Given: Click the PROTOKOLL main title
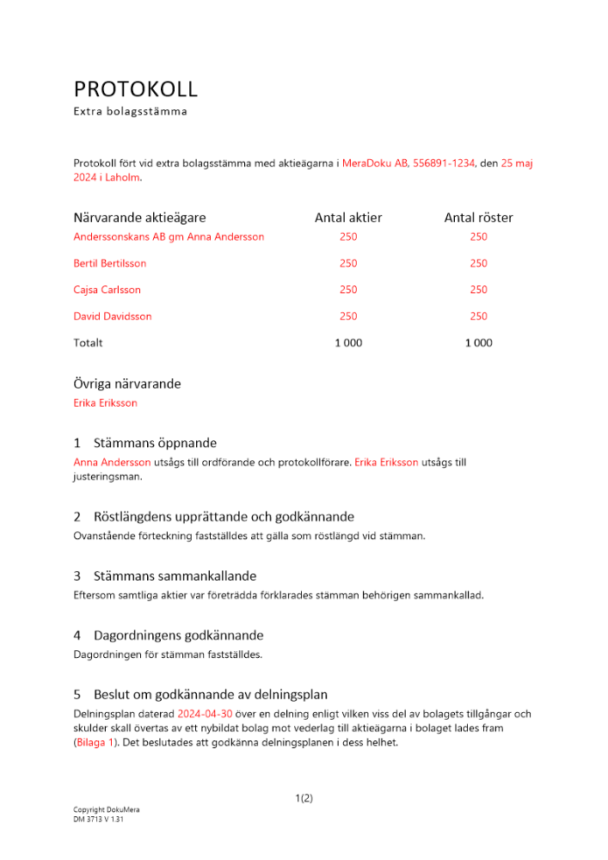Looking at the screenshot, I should click(x=135, y=89).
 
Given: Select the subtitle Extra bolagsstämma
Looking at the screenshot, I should click(x=130, y=111).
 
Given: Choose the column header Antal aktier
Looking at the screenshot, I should click(x=348, y=218).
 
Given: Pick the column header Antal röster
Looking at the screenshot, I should click(x=478, y=218).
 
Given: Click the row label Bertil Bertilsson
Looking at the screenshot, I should click(x=110, y=263).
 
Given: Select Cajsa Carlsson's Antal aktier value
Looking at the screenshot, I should click(x=348, y=290).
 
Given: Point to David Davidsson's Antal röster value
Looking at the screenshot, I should click(x=478, y=316).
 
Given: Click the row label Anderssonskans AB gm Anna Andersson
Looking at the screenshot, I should click(x=169, y=236).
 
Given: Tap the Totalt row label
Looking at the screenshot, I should click(x=88, y=342).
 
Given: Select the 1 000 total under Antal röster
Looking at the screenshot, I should click(x=478, y=342).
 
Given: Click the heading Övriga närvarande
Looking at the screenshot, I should click(x=127, y=384).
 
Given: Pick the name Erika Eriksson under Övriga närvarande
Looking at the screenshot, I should click(x=106, y=402).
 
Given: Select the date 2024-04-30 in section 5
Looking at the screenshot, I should click(x=205, y=714).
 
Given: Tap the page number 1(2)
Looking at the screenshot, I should click(x=304, y=798).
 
